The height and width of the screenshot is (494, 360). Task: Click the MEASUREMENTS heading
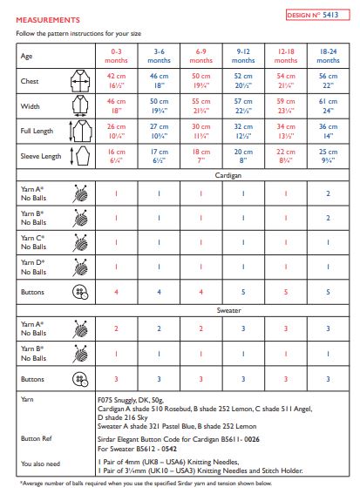(x=48, y=18)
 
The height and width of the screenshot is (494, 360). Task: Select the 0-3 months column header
(x=117, y=58)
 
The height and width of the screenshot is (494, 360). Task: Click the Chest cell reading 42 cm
(x=117, y=83)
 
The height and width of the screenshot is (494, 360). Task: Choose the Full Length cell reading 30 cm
(x=202, y=132)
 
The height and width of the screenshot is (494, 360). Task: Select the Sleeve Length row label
(x=40, y=156)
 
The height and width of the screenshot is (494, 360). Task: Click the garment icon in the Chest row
(x=80, y=83)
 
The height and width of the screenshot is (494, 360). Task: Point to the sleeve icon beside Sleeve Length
(x=80, y=156)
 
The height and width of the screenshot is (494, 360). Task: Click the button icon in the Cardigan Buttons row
(x=80, y=291)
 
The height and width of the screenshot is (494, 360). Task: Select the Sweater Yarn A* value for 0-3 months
(x=117, y=328)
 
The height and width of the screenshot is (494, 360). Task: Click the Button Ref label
(x=36, y=438)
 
